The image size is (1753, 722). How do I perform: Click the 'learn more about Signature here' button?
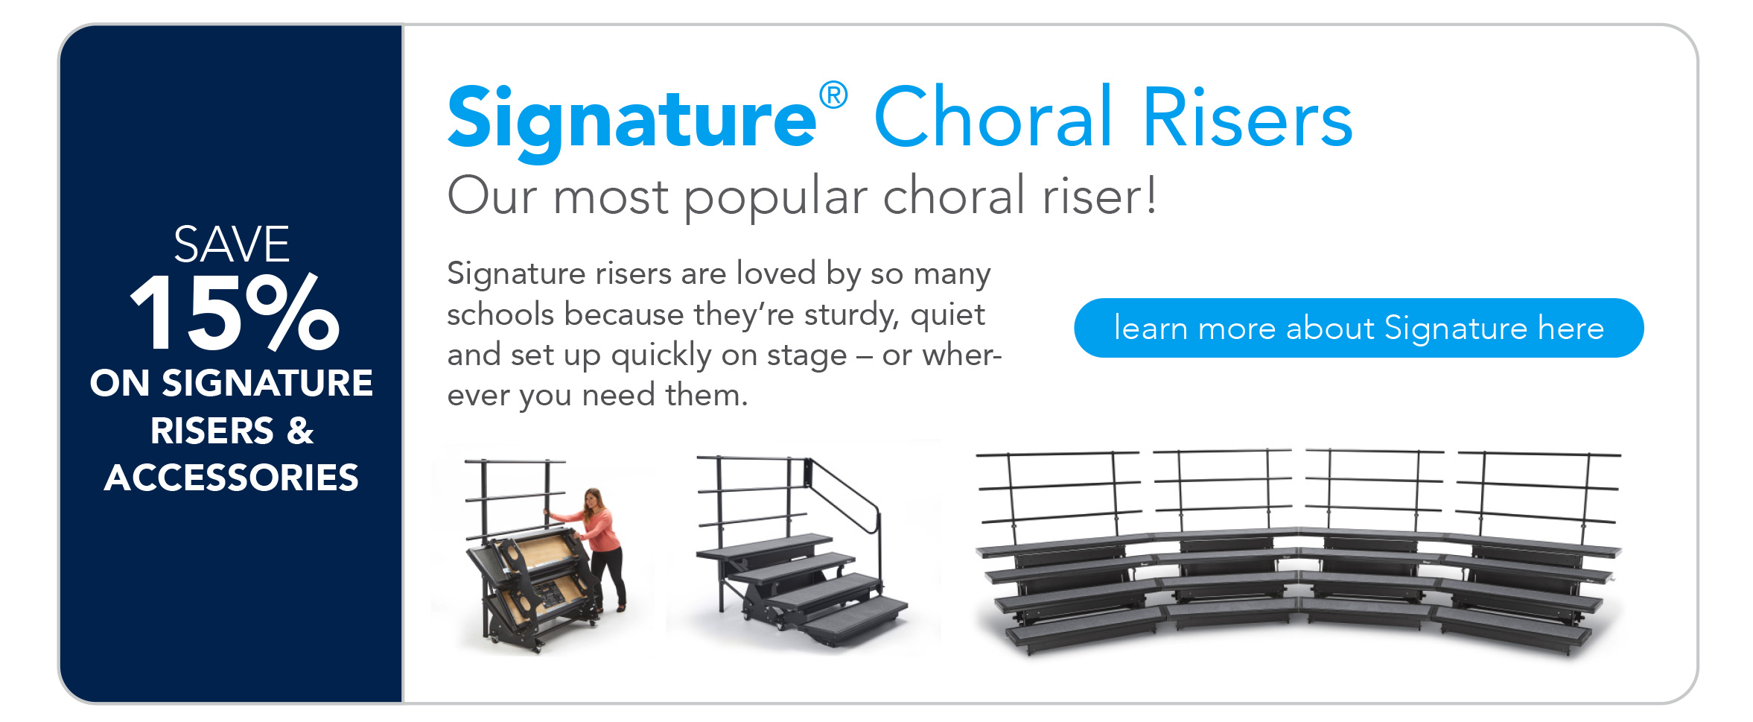1358,328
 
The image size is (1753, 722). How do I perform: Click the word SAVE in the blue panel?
232,244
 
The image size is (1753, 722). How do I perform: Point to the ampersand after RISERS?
300,431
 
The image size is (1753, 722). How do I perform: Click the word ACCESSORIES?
232,478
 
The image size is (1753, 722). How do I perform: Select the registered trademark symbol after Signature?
833,95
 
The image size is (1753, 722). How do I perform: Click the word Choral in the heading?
993,117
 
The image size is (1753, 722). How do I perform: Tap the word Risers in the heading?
1247,117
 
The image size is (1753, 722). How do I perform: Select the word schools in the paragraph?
503,314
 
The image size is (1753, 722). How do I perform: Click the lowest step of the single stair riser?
856,618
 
